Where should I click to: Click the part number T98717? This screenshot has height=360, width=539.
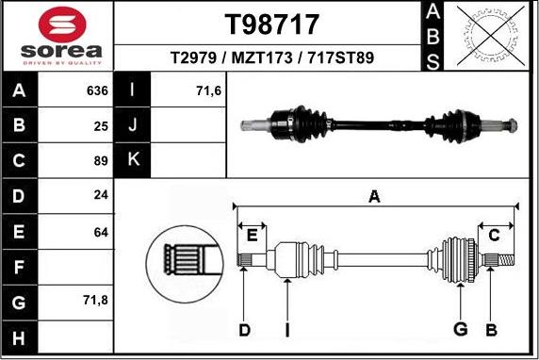coord(269,24)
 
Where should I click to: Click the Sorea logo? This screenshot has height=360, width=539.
coord(58,38)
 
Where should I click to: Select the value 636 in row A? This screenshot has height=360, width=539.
coord(96,91)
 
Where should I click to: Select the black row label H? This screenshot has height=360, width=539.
coord(20,335)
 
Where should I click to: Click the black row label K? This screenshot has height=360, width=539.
coord(133,159)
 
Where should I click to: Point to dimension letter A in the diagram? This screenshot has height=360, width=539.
coord(374,197)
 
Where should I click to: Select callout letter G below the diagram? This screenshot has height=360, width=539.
coord(460,328)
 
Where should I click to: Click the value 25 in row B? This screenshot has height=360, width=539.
coord(100,125)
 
